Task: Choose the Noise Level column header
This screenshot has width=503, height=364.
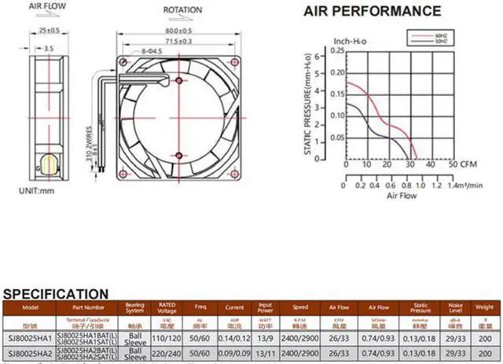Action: point(453,308)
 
